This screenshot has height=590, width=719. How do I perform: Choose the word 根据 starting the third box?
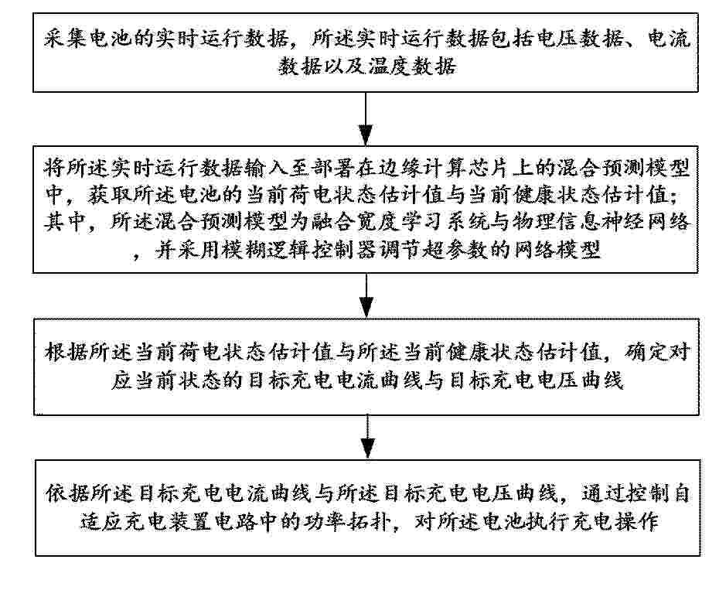point(66,353)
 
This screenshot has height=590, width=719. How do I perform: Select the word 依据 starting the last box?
point(66,494)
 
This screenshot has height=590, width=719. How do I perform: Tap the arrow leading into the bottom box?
point(368,437)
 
